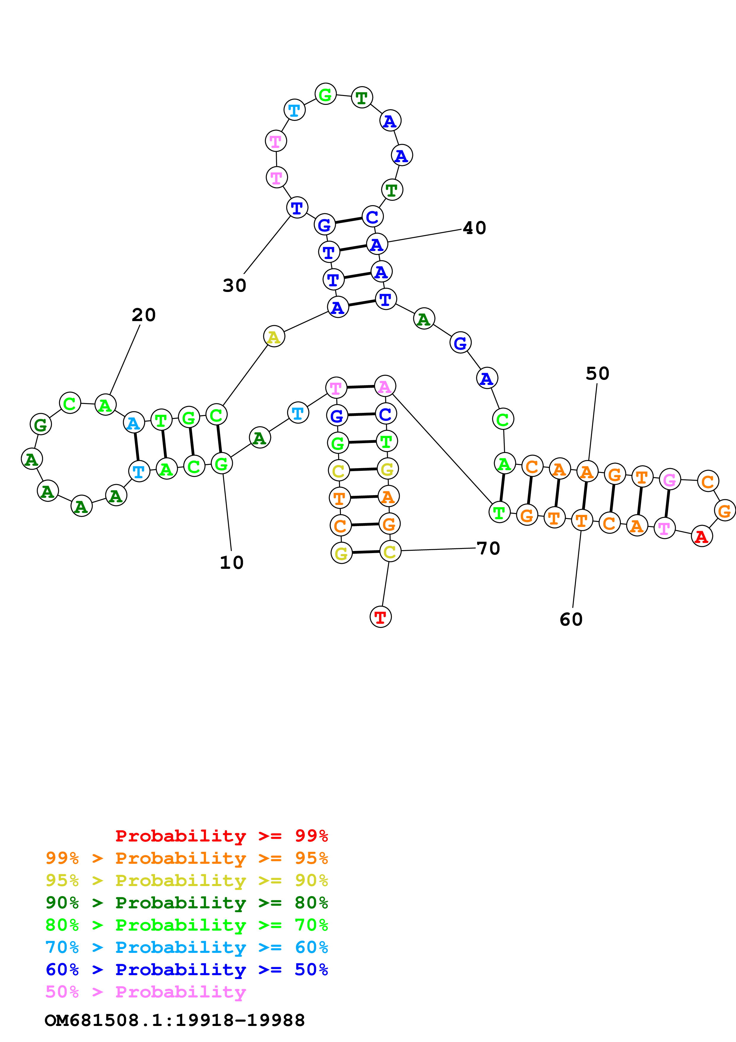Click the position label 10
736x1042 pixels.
[x=232, y=563]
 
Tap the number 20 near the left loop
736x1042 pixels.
[x=144, y=315]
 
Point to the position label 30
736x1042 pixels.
[x=235, y=285]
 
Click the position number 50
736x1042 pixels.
[x=597, y=373]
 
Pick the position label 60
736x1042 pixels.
[x=571, y=620]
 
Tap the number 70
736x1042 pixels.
[x=488, y=548]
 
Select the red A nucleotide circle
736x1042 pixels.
[x=702, y=537]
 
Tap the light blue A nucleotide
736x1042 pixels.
[x=134, y=423]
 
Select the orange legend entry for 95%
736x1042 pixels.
[x=186, y=858]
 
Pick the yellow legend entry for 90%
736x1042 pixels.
[x=186, y=880]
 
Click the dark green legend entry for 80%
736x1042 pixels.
[x=186, y=903]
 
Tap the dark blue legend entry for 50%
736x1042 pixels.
[x=186, y=970]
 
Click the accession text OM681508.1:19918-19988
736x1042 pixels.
[x=175, y=1020]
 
